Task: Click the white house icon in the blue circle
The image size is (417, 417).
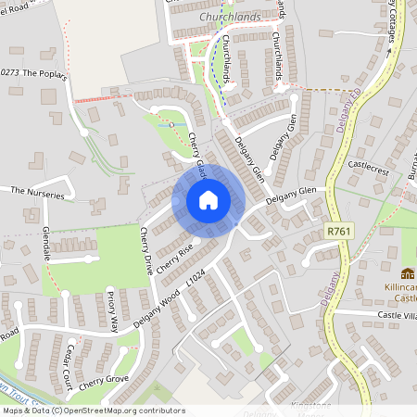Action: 208,199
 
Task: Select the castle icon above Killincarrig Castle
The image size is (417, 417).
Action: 407,273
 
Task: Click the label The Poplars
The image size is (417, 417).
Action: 45,72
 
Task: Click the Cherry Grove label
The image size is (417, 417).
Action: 103,382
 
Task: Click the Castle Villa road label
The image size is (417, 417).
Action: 397,316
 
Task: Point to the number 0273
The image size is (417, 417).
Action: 10,72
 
